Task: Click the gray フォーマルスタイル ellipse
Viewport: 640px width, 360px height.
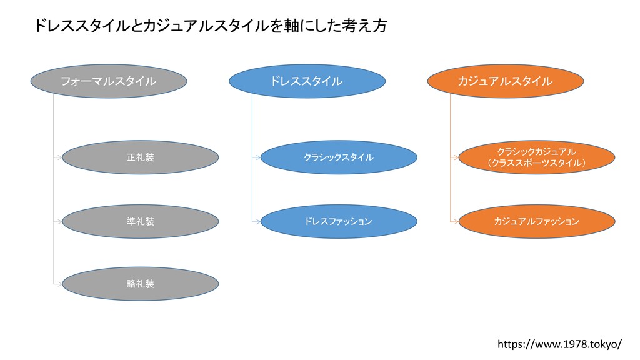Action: (x=109, y=81)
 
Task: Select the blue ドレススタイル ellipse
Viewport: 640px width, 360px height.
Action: (x=307, y=81)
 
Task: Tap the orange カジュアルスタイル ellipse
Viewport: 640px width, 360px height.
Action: (x=505, y=81)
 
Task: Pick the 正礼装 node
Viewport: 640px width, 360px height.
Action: (x=141, y=157)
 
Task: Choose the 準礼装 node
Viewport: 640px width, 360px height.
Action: (x=141, y=222)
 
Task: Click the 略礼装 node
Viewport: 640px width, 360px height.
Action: (x=141, y=284)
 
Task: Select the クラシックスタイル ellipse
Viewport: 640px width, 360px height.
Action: (x=339, y=157)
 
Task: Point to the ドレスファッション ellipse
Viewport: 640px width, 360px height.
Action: (x=339, y=222)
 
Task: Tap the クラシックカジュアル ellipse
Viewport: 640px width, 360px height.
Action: (x=537, y=157)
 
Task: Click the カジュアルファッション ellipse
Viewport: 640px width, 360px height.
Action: (x=537, y=222)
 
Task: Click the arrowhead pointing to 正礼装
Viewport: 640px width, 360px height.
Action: (x=59, y=157)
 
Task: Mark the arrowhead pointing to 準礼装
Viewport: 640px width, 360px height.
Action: (x=59, y=222)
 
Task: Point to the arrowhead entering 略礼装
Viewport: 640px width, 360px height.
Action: (x=59, y=284)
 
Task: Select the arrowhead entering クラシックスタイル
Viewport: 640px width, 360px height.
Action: (x=258, y=157)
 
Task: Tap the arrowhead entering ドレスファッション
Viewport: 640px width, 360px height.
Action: (x=258, y=222)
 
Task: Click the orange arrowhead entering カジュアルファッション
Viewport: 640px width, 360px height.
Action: (x=456, y=222)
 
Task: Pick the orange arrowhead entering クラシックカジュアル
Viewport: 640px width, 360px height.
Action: (x=456, y=157)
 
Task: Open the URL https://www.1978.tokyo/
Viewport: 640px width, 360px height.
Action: (x=559, y=344)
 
